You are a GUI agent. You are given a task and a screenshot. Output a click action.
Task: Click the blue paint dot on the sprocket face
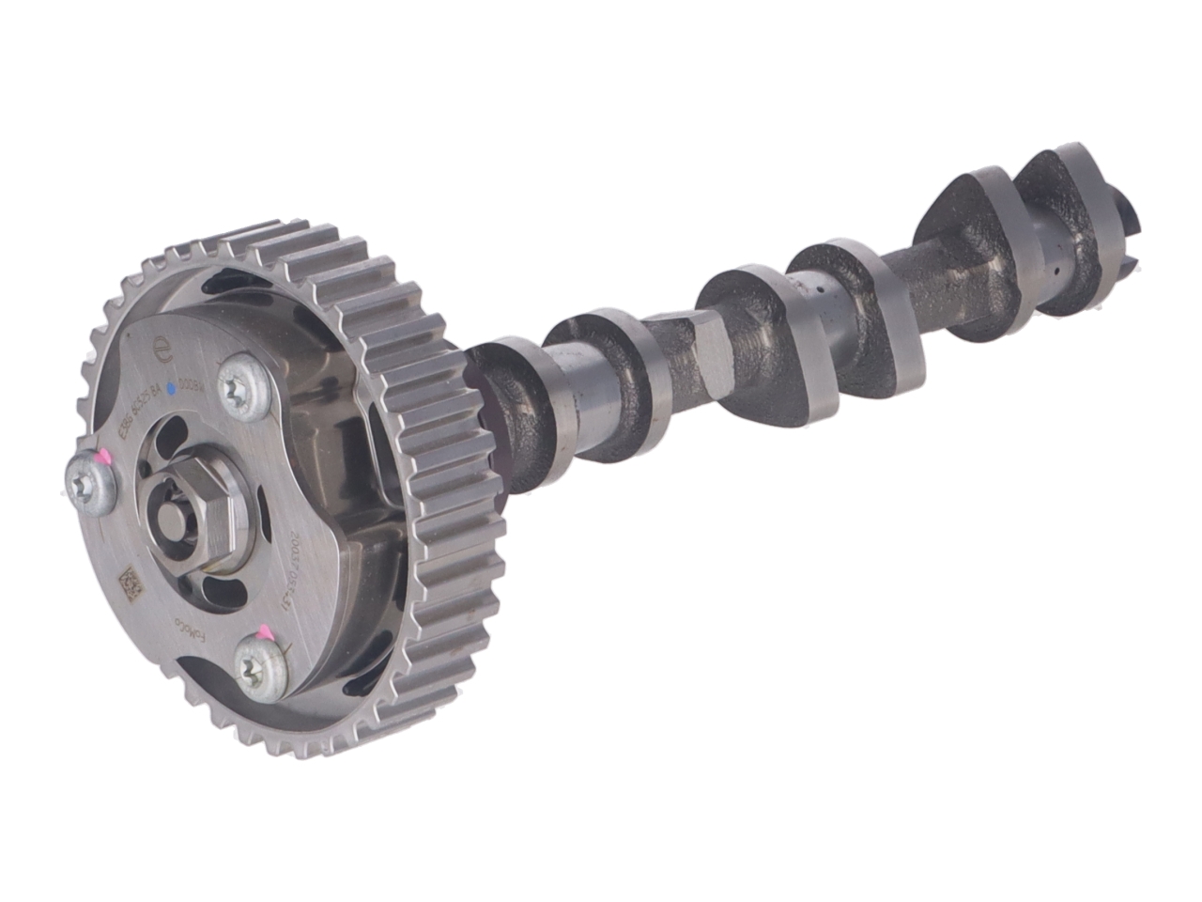click(171, 387)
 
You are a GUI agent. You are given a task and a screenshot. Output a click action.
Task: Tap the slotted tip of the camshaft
click(1131, 215)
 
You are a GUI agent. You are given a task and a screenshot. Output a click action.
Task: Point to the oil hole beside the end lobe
click(1057, 272)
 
